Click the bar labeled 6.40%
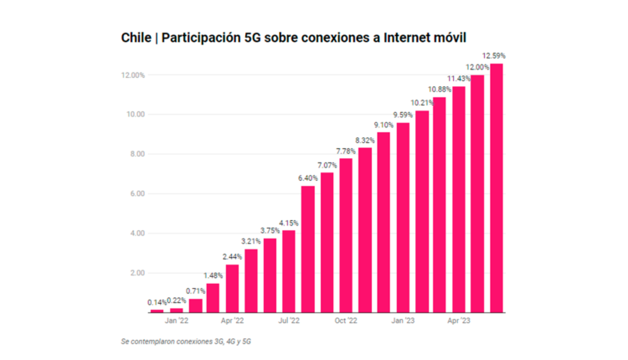pos(308,249)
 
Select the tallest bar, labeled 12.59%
pos(497,188)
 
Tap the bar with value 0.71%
pos(195,306)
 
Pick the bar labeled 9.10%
pos(383,223)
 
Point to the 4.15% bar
pos(289,271)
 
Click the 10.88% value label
pos(439,89)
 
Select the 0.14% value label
pos(157,302)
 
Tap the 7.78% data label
pos(345,151)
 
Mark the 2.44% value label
pos(232,256)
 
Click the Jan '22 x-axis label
pos(177,321)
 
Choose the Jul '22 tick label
pos(290,321)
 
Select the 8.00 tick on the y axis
pos(136,154)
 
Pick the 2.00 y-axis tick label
pos(136,273)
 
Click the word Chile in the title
pos(136,38)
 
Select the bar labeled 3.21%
pos(251,280)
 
